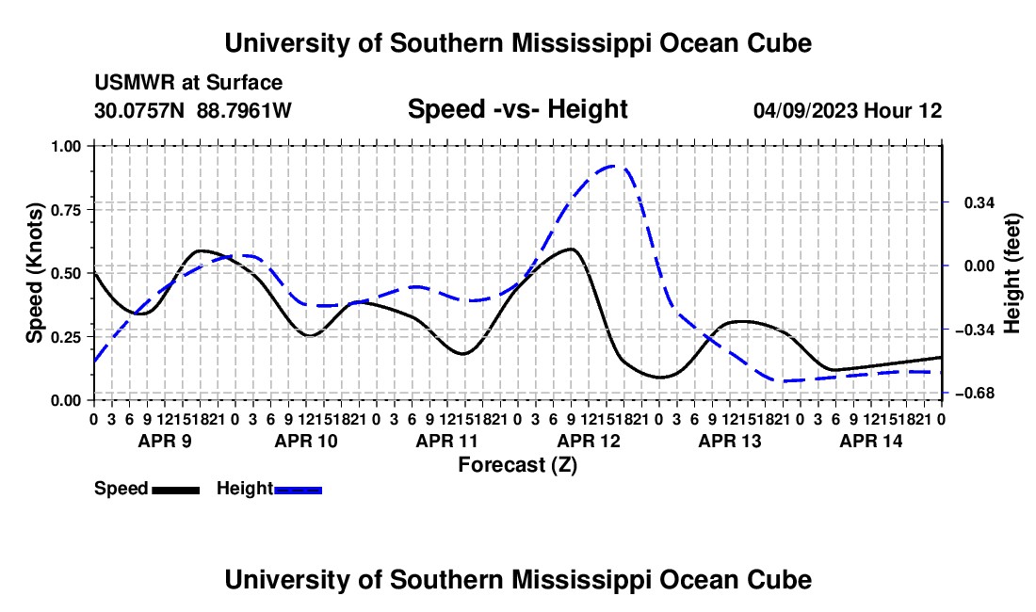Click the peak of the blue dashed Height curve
(613, 166)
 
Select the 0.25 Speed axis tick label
(65, 337)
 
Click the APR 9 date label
(165, 441)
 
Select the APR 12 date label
(589, 441)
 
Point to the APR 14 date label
(871, 441)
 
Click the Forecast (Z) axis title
(517, 465)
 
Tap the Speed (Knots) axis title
(34, 273)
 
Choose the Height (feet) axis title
(1012, 273)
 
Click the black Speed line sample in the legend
(176, 491)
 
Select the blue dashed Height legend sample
(298, 491)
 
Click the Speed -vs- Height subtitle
(517, 109)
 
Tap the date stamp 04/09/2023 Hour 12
(848, 110)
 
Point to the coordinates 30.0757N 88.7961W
(193, 110)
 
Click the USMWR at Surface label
(188, 83)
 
